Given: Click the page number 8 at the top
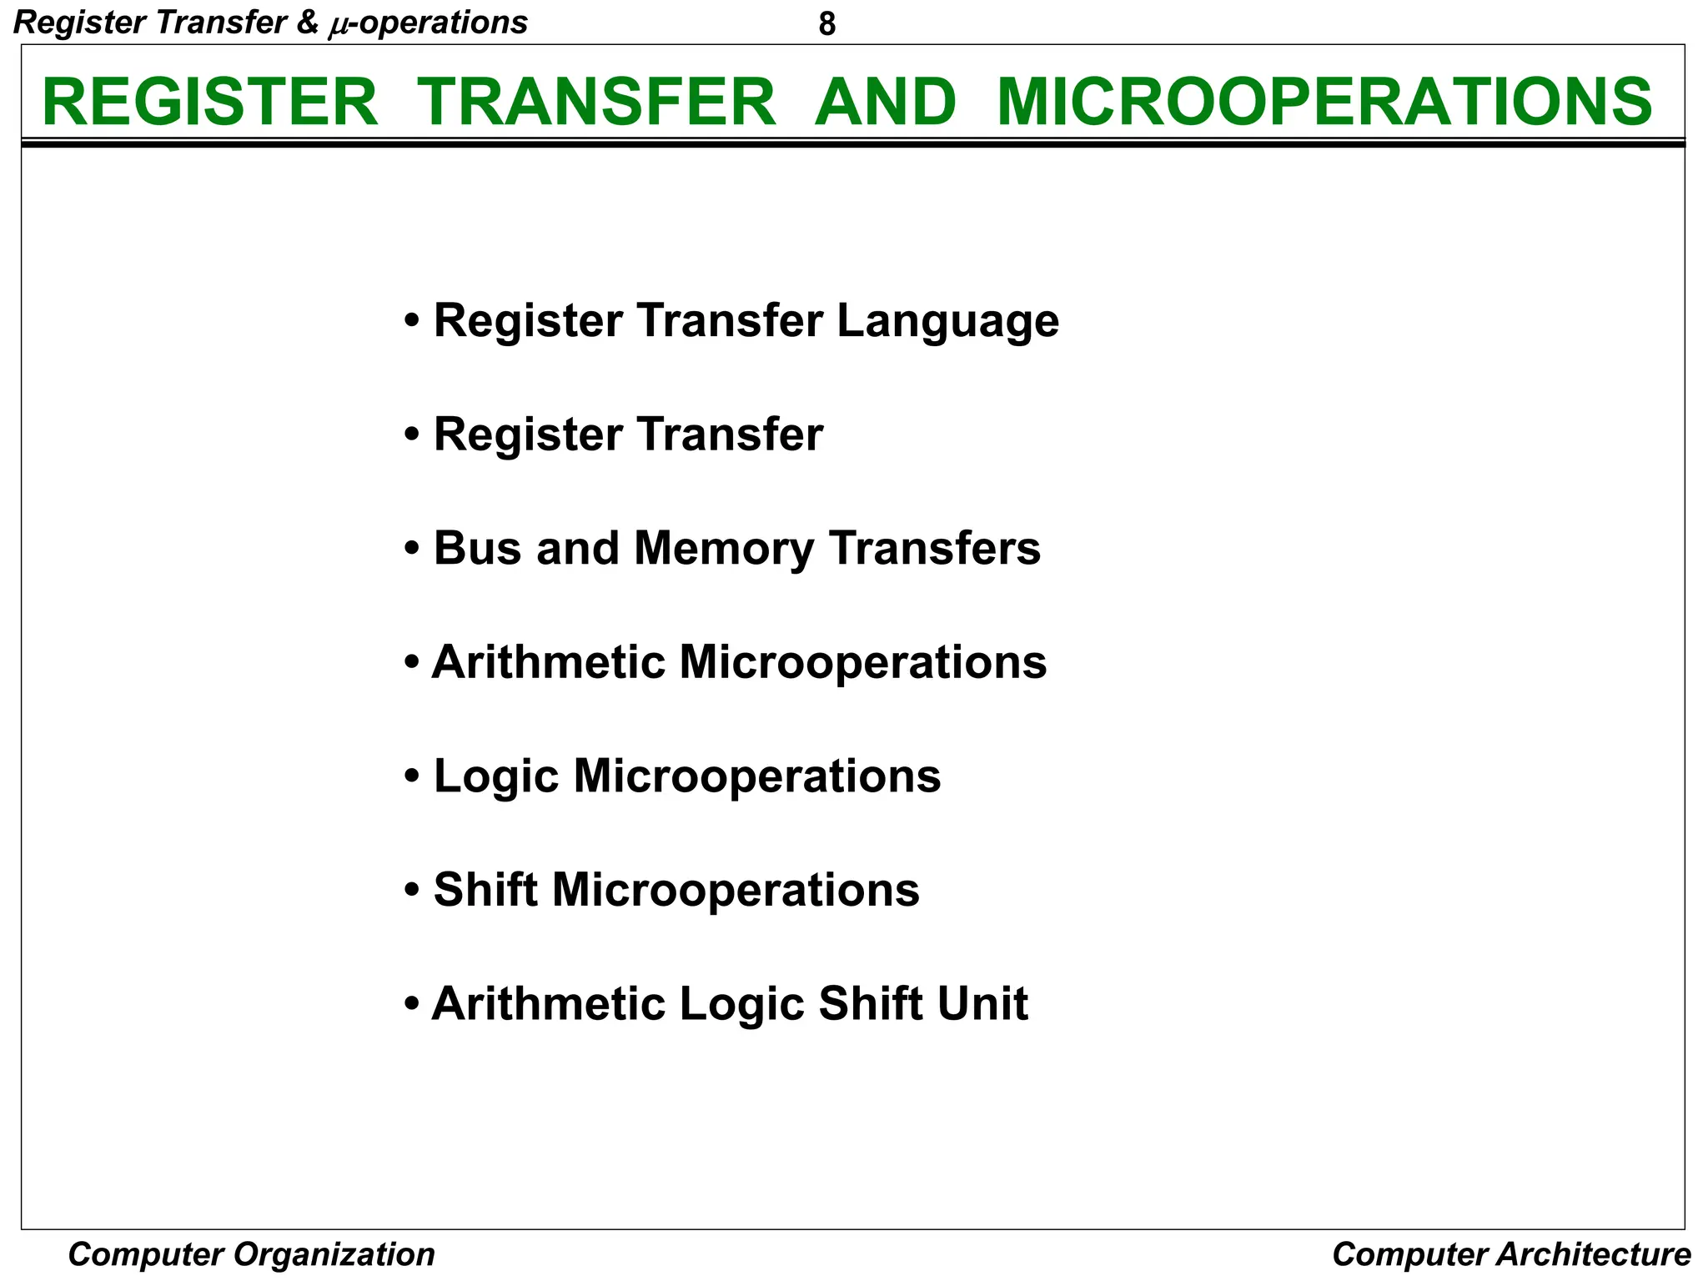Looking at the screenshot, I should pyautogui.click(x=826, y=25).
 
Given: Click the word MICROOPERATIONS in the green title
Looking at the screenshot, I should pyautogui.click(x=1324, y=102).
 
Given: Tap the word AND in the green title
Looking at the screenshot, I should pyautogui.click(x=886, y=102).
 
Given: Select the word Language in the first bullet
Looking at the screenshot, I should pyautogui.click(x=947, y=321).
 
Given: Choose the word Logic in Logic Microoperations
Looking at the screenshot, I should pyautogui.click(x=496, y=777).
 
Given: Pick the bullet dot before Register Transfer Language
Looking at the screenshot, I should pyautogui.click(x=411, y=322).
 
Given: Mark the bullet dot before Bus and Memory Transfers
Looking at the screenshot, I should pyautogui.click(x=411, y=550).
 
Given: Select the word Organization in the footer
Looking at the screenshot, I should pyautogui.click(x=334, y=1254).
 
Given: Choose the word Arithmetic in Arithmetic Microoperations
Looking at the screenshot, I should pyautogui.click(x=548, y=663).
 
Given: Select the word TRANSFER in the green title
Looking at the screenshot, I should pyautogui.click(x=596, y=102).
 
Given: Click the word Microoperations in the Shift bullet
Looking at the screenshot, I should pyautogui.click(x=736, y=891).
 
